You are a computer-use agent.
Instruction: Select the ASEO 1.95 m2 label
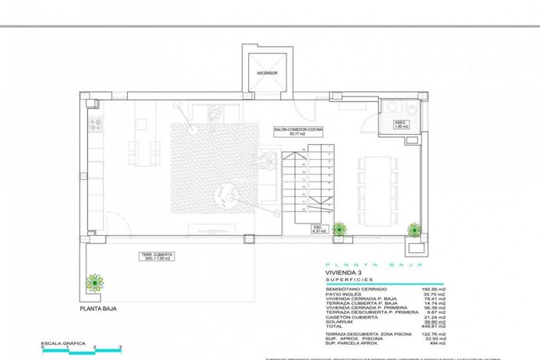click(x=400, y=123)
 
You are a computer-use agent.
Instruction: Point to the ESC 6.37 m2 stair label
click(x=318, y=229)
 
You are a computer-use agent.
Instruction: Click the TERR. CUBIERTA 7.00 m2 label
click(x=156, y=255)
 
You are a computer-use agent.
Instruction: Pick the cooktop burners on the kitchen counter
click(x=94, y=125)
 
